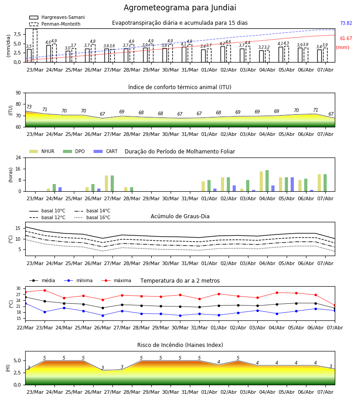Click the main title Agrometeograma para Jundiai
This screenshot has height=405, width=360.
180,8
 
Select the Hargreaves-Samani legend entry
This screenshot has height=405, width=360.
57,17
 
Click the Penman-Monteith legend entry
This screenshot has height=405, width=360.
55,24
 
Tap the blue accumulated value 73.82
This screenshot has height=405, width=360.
346,23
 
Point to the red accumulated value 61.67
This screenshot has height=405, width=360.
346,39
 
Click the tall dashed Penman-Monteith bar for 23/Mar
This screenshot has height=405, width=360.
35,46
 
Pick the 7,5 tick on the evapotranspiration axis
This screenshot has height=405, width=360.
17,34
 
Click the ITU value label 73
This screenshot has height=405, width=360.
29,107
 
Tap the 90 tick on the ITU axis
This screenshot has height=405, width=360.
18,93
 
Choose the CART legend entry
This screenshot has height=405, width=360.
105,151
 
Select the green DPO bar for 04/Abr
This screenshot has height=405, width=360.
267,181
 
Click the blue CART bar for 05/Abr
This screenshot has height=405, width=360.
292,184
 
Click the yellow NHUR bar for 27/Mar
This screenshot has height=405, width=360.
106,184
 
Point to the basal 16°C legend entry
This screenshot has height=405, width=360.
92,217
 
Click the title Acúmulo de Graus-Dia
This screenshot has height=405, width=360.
180,216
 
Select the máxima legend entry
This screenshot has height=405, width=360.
116,280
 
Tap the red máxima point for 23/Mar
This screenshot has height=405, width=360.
45,290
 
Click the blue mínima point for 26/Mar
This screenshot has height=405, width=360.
103,315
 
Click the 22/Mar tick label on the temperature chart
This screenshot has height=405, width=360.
25,328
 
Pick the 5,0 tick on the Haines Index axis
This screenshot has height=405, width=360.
17,360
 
